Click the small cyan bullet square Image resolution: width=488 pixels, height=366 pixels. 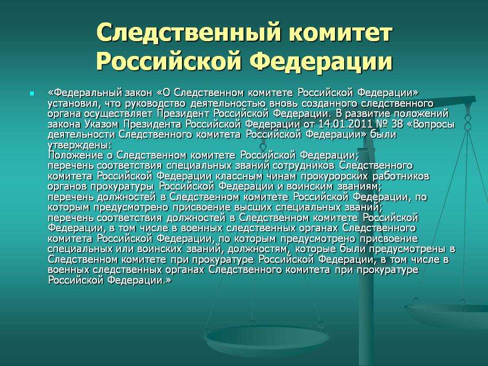point(32,94)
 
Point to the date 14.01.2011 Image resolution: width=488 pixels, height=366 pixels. point(345,125)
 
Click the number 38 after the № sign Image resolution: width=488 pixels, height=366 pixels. point(397,125)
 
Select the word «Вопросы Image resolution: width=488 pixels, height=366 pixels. point(431,125)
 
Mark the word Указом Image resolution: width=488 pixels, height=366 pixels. point(101,125)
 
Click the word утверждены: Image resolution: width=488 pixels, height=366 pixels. point(79,146)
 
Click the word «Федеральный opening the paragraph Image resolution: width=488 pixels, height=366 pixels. point(85,93)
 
